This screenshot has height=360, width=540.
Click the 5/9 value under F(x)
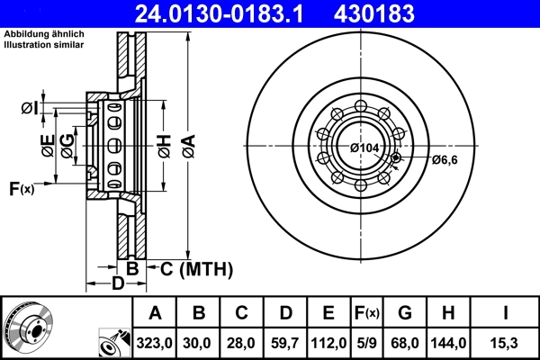click(x=367, y=342)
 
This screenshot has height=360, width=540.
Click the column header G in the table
click(x=405, y=313)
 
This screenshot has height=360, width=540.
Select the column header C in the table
click(x=242, y=313)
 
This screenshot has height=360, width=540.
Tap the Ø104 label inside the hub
click(x=364, y=148)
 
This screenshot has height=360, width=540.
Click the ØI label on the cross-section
click(x=30, y=109)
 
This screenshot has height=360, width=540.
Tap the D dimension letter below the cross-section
click(x=117, y=285)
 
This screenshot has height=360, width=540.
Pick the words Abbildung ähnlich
click(x=44, y=33)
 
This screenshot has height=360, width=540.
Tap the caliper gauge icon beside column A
click(x=112, y=342)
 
